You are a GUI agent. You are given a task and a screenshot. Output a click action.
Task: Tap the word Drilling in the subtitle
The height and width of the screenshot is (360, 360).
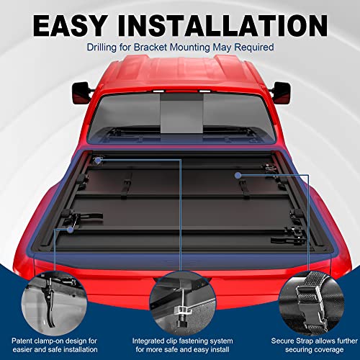click(108, 48)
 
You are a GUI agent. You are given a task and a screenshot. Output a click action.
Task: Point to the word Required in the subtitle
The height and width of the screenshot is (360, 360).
click(252, 48)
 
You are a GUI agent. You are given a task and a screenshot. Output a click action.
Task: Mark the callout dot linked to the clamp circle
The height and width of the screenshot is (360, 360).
click(70, 230)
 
